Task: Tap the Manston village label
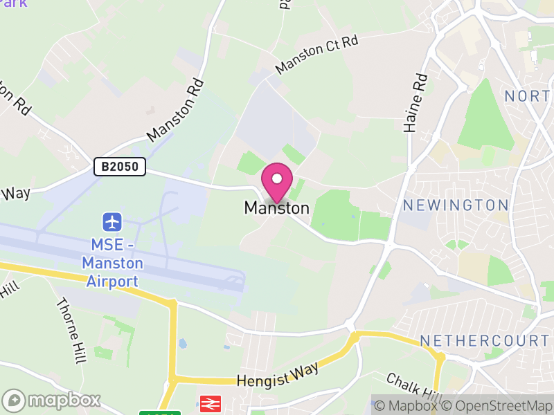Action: [x=276, y=207]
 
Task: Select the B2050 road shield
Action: [x=120, y=167]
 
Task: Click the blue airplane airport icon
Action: [x=112, y=222]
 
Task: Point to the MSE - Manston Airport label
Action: [x=112, y=263]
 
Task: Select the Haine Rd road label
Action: [x=415, y=104]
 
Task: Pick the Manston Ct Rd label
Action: [x=317, y=55]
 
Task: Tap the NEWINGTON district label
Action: [x=456, y=205]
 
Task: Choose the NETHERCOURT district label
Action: [x=484, y=341]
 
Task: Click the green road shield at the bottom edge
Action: [x=159, y=413]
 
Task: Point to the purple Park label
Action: [x=14, y=3]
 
